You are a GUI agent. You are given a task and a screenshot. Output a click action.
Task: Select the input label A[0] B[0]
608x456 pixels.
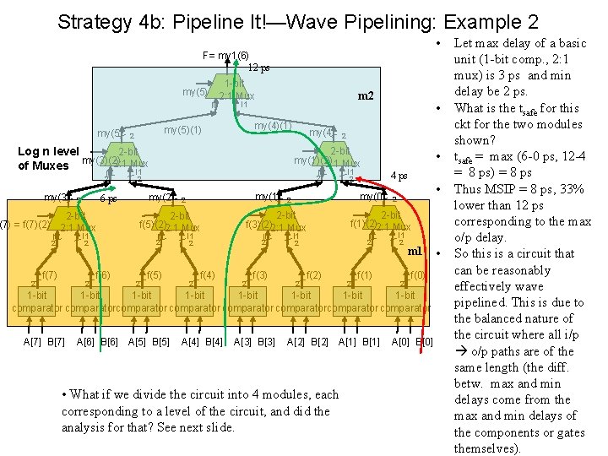coord(413,341)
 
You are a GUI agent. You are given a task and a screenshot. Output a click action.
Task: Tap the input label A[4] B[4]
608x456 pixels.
coord(202,341)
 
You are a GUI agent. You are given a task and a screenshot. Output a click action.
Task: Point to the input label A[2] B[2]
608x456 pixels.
coord(307,341)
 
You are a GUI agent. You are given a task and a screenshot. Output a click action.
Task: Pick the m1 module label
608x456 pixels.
coord(414,251)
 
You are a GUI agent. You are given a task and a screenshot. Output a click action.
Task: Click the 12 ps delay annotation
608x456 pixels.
coord(258,68)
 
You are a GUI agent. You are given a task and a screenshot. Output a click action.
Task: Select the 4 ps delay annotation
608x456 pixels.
coord(399,176)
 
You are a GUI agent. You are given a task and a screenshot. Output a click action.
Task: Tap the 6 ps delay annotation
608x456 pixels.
coord(107,199)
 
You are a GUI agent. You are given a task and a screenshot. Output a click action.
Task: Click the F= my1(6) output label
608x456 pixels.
coord(225,56)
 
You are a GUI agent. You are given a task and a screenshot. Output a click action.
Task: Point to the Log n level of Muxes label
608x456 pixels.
coord(48,158)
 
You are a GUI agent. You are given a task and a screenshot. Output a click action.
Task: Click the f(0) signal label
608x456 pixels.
coord(417,275)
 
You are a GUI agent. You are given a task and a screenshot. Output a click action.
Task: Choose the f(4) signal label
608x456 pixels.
coord(207,275)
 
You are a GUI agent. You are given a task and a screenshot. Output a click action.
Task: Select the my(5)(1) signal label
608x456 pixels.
coord(182,130)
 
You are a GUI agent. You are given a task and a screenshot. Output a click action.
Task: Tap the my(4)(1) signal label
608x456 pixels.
coord(274,127)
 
